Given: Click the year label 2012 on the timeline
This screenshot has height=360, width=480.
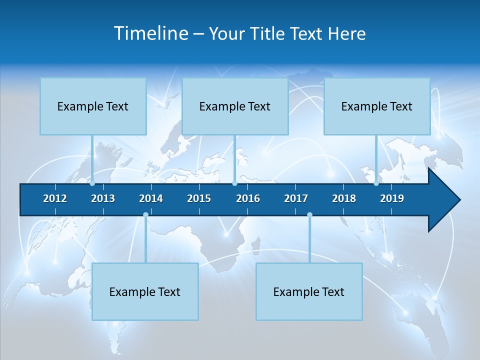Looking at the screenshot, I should point(55,198).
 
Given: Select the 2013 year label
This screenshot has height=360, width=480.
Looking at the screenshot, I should point(103,198).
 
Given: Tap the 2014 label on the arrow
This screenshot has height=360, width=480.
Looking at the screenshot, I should point(151,198).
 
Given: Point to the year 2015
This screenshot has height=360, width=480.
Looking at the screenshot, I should point(199,198).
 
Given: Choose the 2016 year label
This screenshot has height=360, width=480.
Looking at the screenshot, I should point(248,198).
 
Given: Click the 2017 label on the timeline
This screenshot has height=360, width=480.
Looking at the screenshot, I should point(296,198).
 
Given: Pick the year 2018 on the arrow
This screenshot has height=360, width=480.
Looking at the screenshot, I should point(344,198).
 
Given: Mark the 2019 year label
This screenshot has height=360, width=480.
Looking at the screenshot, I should point(392,198).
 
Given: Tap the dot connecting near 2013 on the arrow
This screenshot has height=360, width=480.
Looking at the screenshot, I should point(92,183).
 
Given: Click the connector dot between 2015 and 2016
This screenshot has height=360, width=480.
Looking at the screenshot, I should point(234,183).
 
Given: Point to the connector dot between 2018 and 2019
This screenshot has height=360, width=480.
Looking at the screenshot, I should point(376,183).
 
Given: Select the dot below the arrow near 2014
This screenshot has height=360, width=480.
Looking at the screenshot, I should point(145,215).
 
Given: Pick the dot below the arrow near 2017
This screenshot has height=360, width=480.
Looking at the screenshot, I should point(309,215).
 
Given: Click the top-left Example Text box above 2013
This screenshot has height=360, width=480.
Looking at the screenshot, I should point(93,106).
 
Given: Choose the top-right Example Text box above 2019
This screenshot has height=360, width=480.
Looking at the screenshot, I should point(377,106).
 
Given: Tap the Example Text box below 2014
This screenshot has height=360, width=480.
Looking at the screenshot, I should point(145,291).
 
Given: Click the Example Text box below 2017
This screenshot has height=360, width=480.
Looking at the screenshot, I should point(309,291).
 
